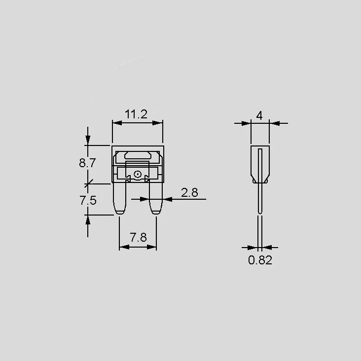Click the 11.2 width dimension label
click(136, 114)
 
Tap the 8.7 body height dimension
click(87, 163)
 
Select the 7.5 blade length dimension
click(88, 200)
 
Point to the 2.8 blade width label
click(189, 192)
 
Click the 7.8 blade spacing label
click(138, 237)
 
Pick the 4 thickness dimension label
click(259, 115)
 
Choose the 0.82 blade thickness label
click(260, 260)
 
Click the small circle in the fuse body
click(138, 174)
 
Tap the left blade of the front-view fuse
click(120, 198)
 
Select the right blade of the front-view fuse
click(156, 198)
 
